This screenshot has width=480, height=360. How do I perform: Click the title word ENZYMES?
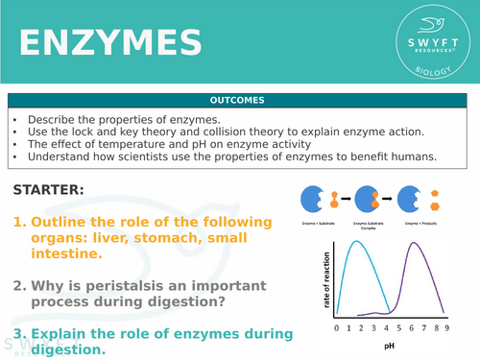pos(110,43)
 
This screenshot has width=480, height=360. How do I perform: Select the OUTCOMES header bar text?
pos(239,100)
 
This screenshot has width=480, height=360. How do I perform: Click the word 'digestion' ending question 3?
pos(71,349)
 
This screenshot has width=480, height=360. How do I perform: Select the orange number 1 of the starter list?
pos(18,222)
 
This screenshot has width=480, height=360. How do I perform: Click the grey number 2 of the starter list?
pos(19,285)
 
